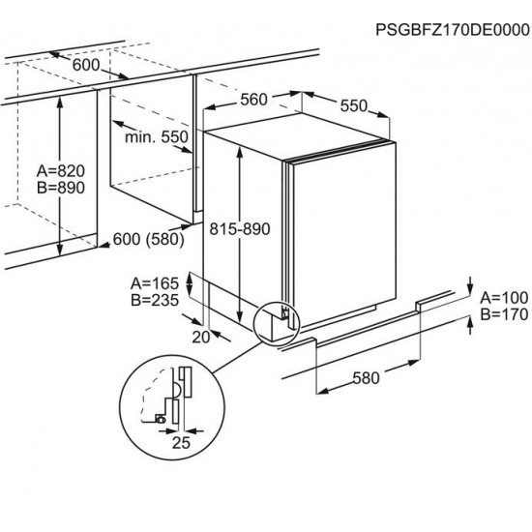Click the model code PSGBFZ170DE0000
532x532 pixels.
(453, 30)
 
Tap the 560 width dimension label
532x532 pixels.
(253, 100)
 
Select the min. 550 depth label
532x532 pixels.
(157, 137)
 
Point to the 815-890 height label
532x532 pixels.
(240, 229)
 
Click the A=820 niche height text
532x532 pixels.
(61, 171)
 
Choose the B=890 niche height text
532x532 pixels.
(61, 188)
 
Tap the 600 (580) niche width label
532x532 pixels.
(149, 239)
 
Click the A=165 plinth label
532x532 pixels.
(155, 283)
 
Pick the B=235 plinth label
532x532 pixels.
(155, 300)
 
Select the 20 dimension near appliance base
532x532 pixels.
(201, 338)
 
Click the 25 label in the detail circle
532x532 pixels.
(181, 443)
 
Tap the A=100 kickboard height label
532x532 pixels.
(504, 298)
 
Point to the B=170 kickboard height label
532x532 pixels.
(504, 314)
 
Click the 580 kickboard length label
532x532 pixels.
(366, 378)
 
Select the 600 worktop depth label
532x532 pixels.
(86, 65)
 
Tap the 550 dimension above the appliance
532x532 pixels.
(354, 105)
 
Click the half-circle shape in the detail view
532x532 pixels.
(177, 390)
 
